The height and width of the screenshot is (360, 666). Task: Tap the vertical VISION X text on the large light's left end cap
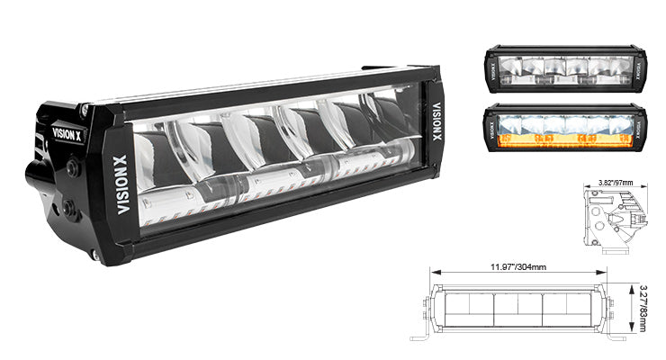(x=123, y=184)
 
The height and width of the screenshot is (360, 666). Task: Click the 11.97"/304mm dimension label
(x=519, y=266)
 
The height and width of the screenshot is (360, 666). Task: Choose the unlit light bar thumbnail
(x=564, y=70)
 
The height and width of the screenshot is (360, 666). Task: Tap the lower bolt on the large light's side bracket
(x=67, y=209)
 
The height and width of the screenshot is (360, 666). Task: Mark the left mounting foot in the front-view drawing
(x=420, y=337)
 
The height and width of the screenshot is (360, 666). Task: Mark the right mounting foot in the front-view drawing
(x=616, y=337)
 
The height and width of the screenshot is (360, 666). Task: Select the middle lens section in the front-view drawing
(x=519, y=309)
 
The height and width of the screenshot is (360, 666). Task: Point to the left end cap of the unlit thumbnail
(x=491, y=71)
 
